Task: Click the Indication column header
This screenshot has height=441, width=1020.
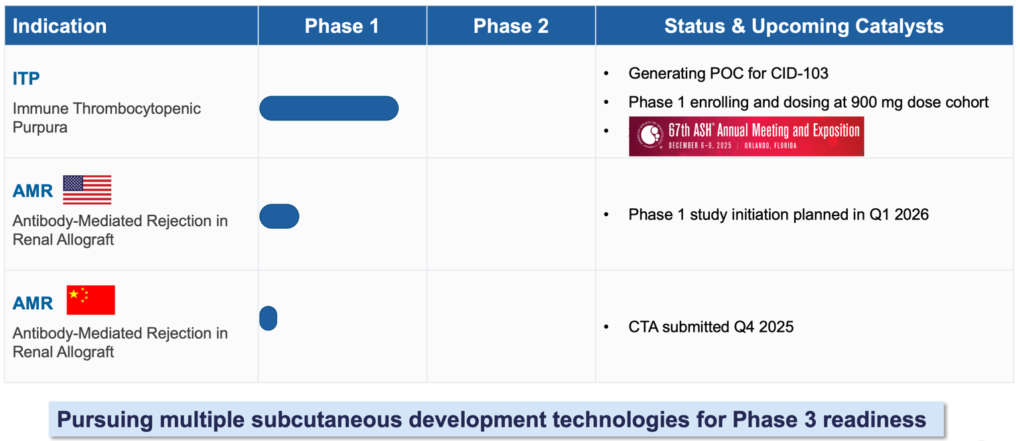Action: click(60, 26)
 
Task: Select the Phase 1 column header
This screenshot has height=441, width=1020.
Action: click(342, 26)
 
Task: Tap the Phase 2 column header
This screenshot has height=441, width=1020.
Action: click(511, 26)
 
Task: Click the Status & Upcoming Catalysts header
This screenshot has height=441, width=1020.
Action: click(804, 26)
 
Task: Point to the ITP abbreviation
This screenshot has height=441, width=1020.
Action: click(26, 79)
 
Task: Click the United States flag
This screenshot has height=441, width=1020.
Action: click(87, 190)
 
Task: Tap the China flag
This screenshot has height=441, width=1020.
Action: click(90, 300)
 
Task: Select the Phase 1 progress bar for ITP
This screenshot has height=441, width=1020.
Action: click(329, 108)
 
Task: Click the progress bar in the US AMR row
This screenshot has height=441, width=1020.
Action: click(279, 216)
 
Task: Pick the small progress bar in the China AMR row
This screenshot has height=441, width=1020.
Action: click(268, 318)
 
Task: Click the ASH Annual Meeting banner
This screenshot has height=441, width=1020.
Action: click(746, 137)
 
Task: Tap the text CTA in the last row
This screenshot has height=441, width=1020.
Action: click(643, 327)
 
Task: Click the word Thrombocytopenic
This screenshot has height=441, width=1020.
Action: click(137, 109)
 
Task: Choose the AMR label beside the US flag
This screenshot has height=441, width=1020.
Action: click(33, 191)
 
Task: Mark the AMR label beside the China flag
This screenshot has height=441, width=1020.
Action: click(33, 304)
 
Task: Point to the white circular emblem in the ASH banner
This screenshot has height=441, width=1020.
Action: click(650, 135)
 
